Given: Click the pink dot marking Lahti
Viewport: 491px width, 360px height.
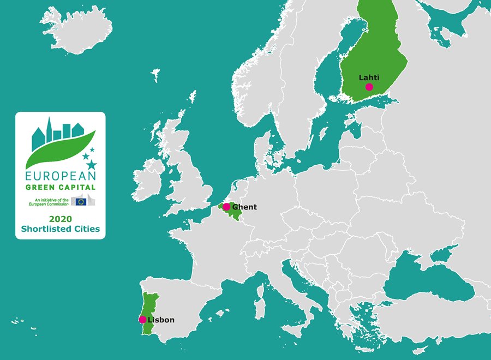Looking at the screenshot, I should tap(369, 87).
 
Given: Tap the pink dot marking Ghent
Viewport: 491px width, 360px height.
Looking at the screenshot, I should tap(226, 207).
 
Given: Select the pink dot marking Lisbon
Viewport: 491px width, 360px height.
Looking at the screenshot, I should tap(142, 320).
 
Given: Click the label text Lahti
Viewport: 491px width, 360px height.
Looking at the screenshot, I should tap(369, 77).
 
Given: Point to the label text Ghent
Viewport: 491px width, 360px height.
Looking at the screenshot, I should tap(244, 207).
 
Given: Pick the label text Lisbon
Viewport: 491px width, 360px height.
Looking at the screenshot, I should tap(161, 320).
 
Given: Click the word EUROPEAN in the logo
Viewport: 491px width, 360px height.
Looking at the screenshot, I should tap(60, 176).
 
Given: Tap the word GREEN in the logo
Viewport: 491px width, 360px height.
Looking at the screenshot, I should tap(41, 188).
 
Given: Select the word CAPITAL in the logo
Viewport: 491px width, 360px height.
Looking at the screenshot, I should tap(77, 188).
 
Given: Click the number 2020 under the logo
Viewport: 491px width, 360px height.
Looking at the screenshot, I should tap(60, 219).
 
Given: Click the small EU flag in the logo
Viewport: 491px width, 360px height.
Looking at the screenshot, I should tap(81, 201).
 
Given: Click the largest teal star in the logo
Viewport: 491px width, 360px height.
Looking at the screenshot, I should tap(91, 164).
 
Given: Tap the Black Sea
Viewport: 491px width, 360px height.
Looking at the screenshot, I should tap(426, 281).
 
